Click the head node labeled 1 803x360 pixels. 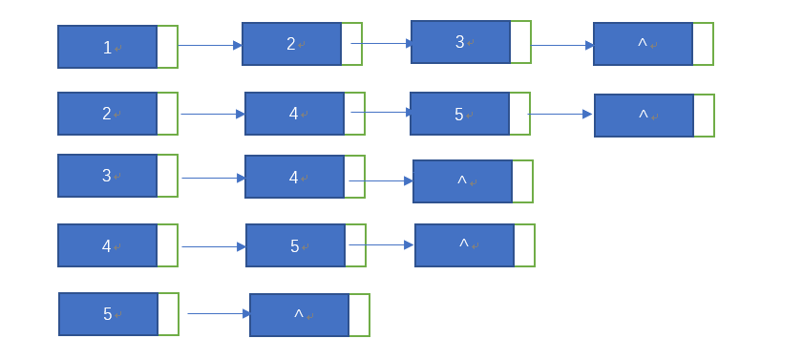pyautogui.click(x=107, y=47)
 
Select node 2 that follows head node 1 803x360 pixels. pyautogui.click(x=291, y=44)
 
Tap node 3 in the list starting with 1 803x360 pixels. pyautogui.click(x=460, y=42)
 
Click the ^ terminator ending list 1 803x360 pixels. pyautogui.click(x=643, y=44)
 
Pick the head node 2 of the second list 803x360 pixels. pyautogui.click(x=107, y=114)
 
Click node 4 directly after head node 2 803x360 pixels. pyautogui.click(x=294, y=114)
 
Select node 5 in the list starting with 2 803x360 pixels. pyautogui.click(x=459, y=114)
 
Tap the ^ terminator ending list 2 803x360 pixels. pyautogui.click(x=644, y=116)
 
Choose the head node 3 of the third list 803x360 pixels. pyautogui.click(x=107, y=176)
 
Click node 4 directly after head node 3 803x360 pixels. pyautogui.click(x=294, y=177)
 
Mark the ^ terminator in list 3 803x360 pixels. pyautogui.click(x=462, y=181)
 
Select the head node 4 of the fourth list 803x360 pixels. pyautogui.click(x=107, y=245)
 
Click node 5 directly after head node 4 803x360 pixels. pyautogui.click(x=295, y=245)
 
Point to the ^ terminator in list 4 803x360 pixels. pyautogui.click(x=464, y=245)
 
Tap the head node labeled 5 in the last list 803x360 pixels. pyautogui.click(x=108, y=314)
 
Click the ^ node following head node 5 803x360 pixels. pyautogui.click(x=299, y=315)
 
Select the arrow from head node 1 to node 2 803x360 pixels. pyautogui.click(x=210, y=45)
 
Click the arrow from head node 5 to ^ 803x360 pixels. pyautogui.click(x=219, y=313)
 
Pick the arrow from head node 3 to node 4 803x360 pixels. pyautogui.click(x=214, y=178)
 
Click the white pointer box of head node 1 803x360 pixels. pyautogui.click(x=167, y=47)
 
